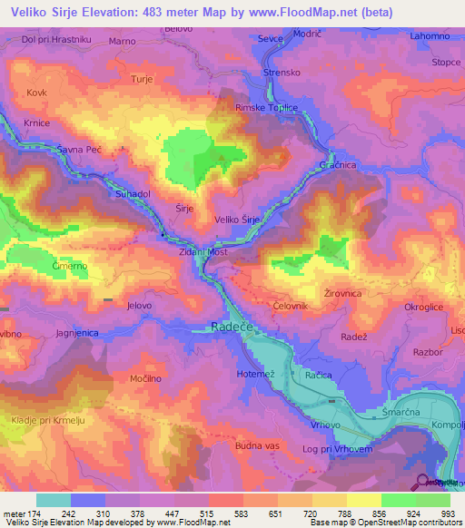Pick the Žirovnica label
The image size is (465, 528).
(x=342, y=294)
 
